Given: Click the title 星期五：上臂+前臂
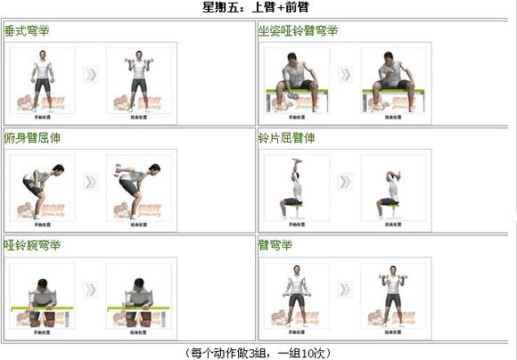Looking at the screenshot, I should point(258,7).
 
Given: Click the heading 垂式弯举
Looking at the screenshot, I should point(28,31).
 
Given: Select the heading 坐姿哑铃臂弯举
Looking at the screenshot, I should point(298,31).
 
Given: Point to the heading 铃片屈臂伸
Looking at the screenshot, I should point(286,139).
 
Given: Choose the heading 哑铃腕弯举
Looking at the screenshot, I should point(33,244).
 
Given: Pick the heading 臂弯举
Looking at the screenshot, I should point(275,244).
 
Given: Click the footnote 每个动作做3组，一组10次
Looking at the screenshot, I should point(258,353).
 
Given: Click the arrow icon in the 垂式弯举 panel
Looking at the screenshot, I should point(92,74).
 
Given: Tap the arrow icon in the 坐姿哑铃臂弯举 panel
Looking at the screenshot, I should point(345,74).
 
